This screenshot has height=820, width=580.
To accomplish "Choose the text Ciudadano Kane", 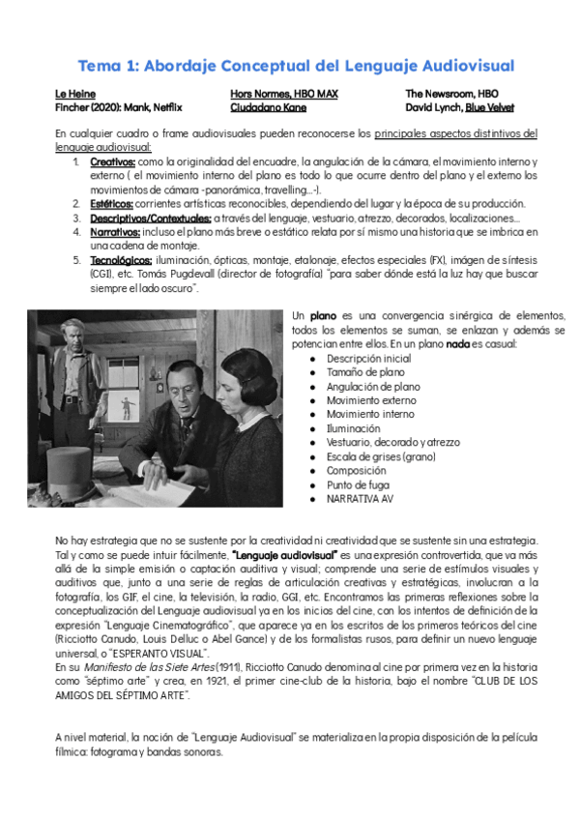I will click(261, 107).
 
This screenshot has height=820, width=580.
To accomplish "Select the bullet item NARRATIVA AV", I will click(360, 498).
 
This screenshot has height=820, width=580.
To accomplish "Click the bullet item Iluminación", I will click(353, 427).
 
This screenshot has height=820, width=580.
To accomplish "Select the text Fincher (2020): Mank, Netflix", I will click(118, 107).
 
